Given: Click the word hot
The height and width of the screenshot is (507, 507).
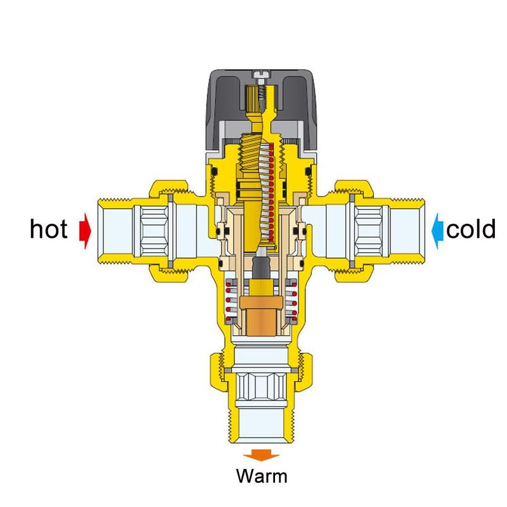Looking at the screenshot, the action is point(48,229).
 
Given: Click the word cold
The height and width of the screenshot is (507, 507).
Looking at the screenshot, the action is point(470,229).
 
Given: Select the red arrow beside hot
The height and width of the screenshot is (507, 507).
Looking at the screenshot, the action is point(84,229).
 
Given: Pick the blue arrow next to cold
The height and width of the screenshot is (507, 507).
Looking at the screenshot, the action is point(437,229).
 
